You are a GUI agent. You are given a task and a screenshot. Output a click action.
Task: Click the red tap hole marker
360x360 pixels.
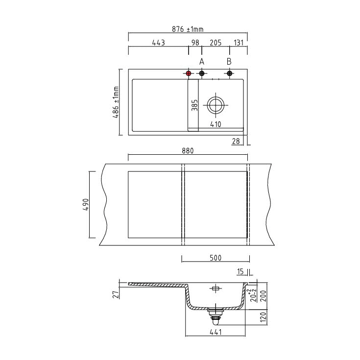[189, 73]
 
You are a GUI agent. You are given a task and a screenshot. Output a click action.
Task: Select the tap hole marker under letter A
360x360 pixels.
[202, 73]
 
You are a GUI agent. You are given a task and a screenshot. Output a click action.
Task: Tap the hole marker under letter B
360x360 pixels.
[229, 73]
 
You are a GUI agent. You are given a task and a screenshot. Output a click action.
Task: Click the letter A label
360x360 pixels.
[202, 62]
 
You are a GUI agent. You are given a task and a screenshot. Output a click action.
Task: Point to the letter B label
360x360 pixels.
[229, 62]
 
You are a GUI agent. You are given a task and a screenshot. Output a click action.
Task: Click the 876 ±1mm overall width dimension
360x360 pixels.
[188, 29]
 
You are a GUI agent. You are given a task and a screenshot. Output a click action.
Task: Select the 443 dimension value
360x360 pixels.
[158, 43]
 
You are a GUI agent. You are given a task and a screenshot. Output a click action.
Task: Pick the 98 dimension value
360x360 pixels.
[195, 43]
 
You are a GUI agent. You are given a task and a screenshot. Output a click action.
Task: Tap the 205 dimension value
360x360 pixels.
[216, 43]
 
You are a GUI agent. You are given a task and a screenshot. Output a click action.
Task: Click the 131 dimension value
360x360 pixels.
[239, 43]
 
